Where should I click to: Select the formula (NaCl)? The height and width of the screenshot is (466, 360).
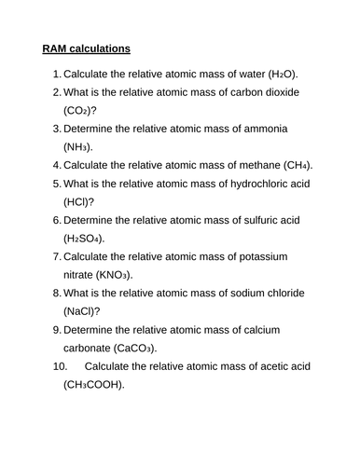[x=82, y=311]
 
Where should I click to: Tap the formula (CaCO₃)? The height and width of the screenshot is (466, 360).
[x=145, y=349]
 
